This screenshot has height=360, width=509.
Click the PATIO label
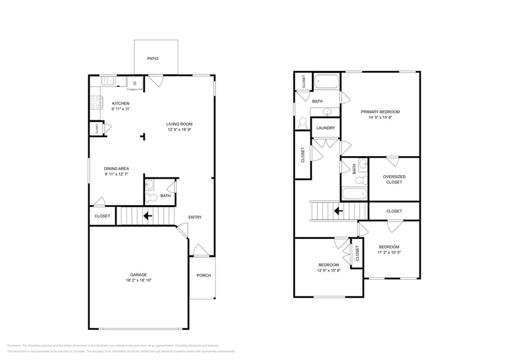(153, 59)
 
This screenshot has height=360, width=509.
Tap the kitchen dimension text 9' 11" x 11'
(120, 109)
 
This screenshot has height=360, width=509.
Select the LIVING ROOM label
(179, 124)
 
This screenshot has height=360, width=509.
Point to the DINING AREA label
(116, 168)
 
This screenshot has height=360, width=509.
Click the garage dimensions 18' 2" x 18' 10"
(138, 280)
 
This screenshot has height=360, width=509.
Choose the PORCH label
(203, 276)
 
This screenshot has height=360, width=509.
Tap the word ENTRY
(195, 217)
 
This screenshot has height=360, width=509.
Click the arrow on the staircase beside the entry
(147, 216)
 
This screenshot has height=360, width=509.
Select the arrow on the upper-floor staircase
(337, 211)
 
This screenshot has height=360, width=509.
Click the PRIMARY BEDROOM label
(380, 111)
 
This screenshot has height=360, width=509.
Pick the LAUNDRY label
(326, 128)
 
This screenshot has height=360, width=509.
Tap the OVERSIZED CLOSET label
(394, 179)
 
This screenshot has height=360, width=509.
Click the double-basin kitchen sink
(108, 80)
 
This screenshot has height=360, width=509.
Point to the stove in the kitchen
(95, 102)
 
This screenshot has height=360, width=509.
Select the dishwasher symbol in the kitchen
(135, 82)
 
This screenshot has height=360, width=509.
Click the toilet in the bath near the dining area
(149, 197)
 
